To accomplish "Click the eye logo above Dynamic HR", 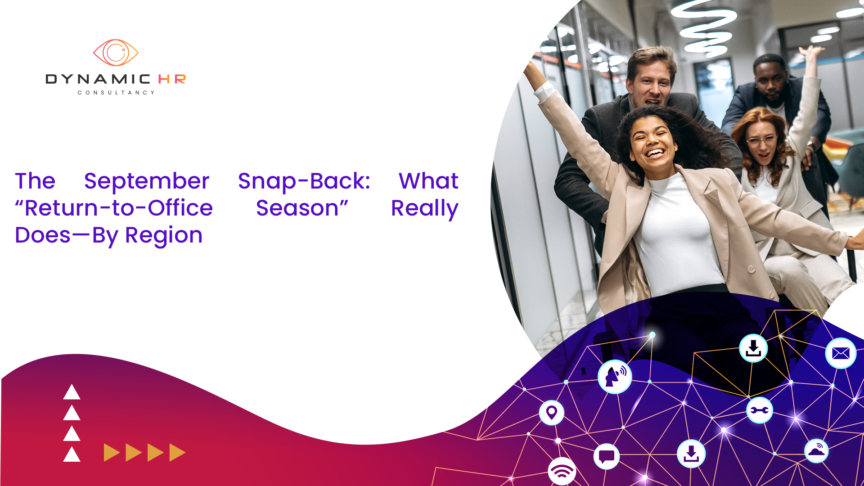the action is (x=116, y=53).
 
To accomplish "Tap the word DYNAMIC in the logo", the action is (x=98, y=79).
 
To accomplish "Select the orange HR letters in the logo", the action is (x=172, y=79).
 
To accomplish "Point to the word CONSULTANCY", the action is (x=116, y=93).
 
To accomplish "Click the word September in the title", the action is (x=147, y=182).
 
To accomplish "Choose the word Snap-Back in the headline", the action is (x=304, y=182).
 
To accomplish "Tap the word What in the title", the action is (x=428, y=181).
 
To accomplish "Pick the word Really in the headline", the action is (x=425, y=209).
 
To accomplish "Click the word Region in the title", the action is (x=164, y=236).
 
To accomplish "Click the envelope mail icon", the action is (x=841, y=353).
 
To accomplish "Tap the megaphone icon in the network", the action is (x=615, y=377).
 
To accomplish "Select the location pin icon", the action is (x=552, y=412).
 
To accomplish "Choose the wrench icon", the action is (x=760, y=410).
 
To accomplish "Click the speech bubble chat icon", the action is (x=607, y=456).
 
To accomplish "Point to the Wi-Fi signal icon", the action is (x=562, y=471).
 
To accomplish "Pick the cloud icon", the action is (x=816, y=451).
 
